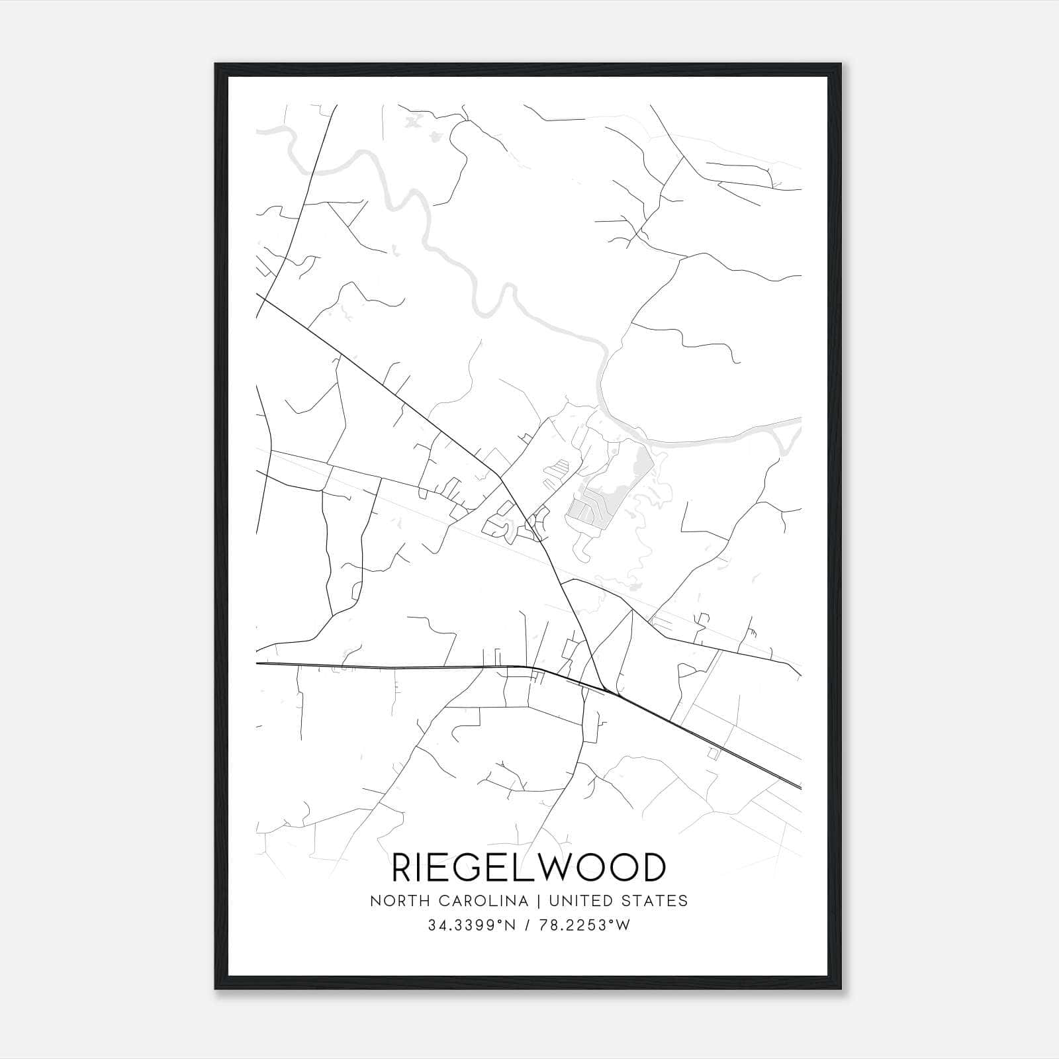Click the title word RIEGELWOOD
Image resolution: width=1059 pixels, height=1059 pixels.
coord(529,868)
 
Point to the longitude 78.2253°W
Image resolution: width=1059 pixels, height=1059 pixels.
coord(585,925)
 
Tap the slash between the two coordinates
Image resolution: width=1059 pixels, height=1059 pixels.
coord(528,925)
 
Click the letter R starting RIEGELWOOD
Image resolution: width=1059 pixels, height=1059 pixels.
coord(403,868)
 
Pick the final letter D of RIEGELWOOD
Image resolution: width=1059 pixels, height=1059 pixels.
coord(652,868)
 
